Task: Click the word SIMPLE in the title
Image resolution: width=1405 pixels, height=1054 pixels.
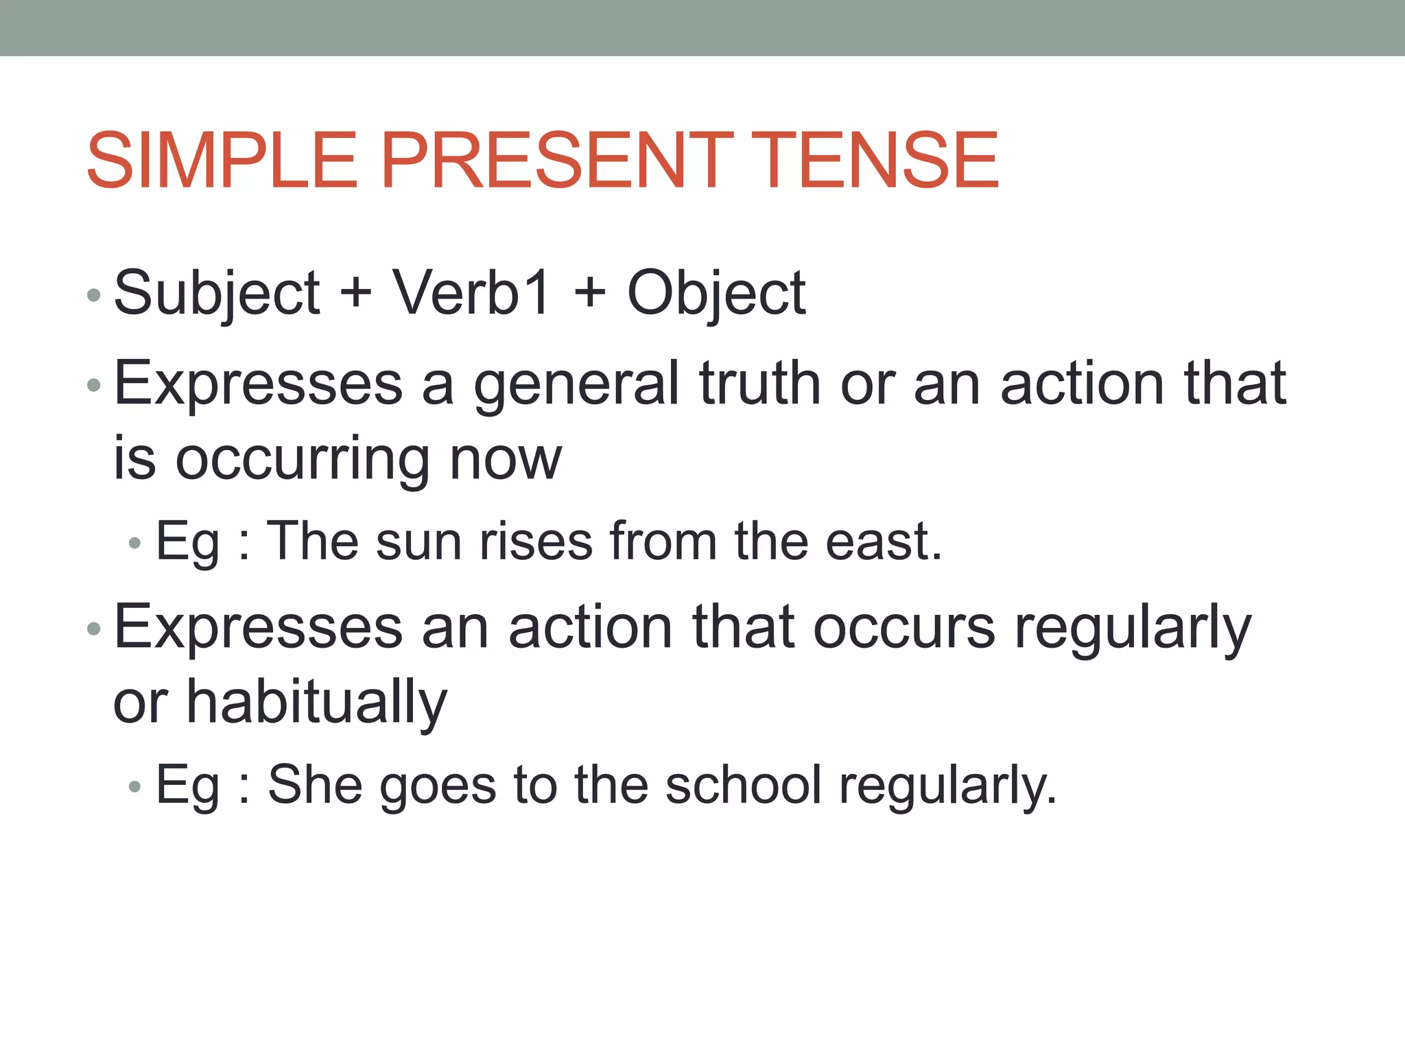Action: [222, 161]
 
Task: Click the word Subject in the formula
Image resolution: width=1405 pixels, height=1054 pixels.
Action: [217, 294]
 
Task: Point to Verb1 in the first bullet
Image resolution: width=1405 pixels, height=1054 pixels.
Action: [471, 294]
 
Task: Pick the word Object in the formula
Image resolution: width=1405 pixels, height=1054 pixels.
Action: [716, 294]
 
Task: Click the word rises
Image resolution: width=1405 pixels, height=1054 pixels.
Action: [536, 542]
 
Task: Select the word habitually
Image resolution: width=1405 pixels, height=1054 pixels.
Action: [317, 703]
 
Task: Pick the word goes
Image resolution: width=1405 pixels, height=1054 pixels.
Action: [438, 786]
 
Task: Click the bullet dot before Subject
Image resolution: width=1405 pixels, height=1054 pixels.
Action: [94, 296]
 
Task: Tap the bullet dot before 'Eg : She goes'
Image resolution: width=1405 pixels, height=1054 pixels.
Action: [134, 787]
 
